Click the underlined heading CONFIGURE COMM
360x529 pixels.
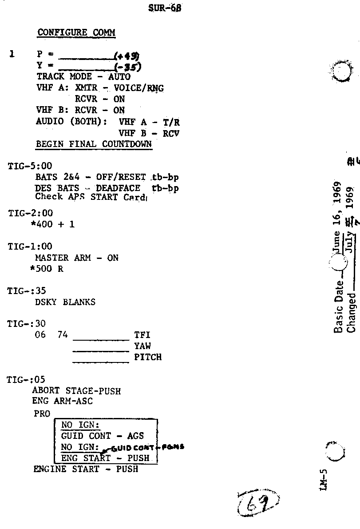(x=76, y=32)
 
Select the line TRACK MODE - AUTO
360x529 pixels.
(x=83, y=77)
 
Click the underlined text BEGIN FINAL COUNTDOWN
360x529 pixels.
(x=94, y=144)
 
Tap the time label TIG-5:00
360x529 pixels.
(x=30, y=166)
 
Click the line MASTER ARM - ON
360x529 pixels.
(x=76, y=258)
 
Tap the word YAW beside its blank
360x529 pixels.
(x=143, y=346)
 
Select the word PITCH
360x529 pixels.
(x=148, y=357)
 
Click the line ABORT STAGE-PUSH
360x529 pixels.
(x=76, y=391)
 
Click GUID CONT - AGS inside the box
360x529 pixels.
(x=103, y=436)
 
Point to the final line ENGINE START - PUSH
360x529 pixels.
(x=86, y=469)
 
